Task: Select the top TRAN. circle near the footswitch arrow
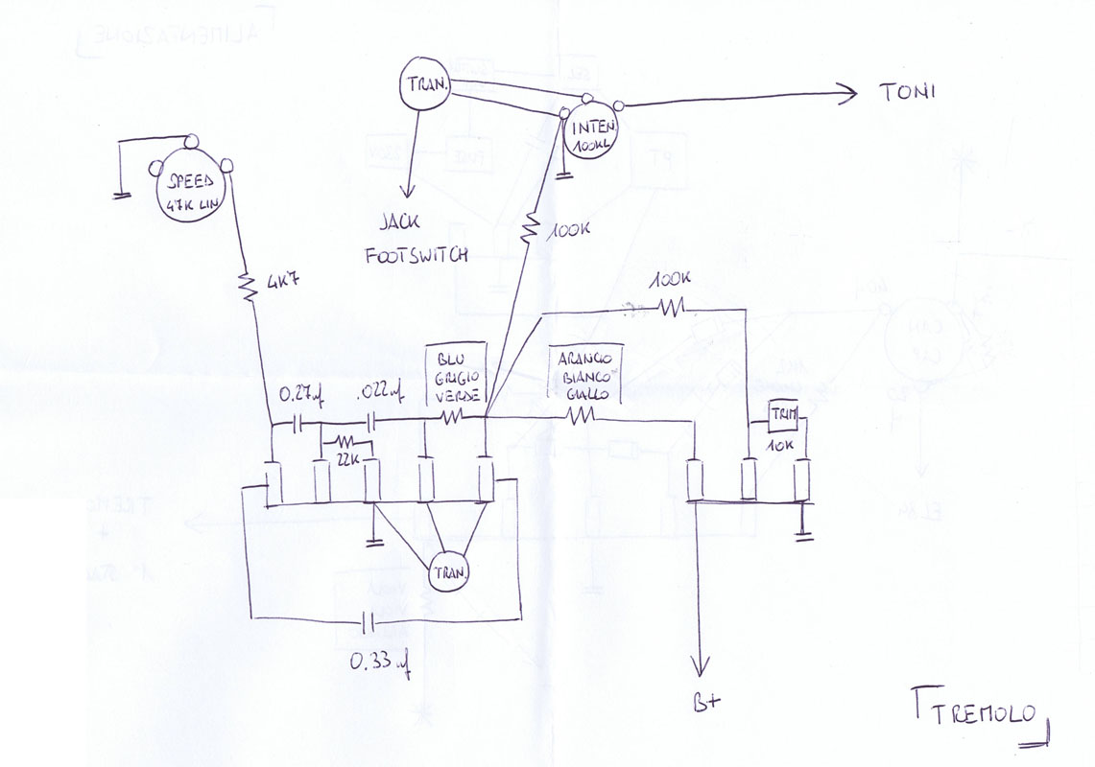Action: point(424,86)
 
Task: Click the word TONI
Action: point(907,93)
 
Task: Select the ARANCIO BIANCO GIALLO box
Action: point(585,371)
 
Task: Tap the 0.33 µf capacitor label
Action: point(380,662)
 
